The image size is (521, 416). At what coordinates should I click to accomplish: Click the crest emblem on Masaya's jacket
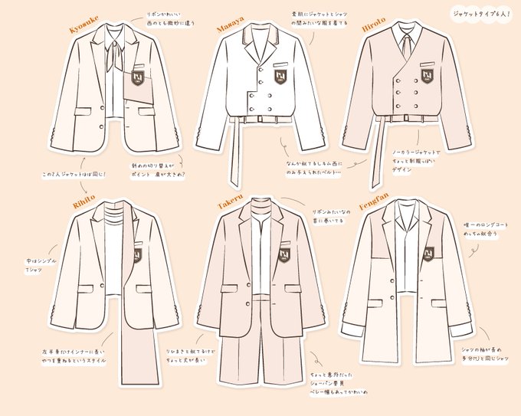[x=280, y=76]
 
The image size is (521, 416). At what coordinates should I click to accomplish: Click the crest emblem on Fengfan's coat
[x=428, y=253]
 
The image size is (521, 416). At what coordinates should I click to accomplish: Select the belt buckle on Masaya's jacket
[x=262, y=119]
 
